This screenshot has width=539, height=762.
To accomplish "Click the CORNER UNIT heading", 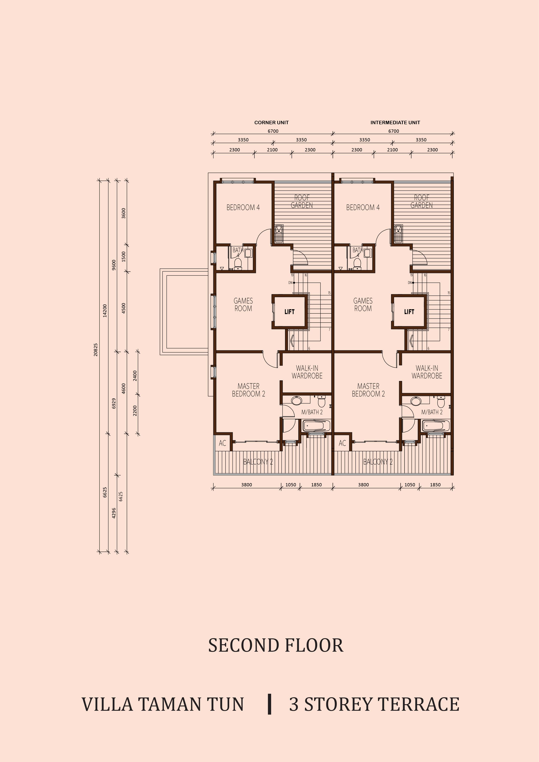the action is (x=272, y=123).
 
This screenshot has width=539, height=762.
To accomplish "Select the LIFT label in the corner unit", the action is (x=289, y=312).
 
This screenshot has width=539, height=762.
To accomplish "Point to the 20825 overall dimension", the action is (x=96, y=350).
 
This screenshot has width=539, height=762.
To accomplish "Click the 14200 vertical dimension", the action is (x=105, y=311).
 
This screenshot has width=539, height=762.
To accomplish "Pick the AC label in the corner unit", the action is (x=222, y=443).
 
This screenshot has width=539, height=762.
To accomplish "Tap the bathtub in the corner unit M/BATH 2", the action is (x=317, y=426).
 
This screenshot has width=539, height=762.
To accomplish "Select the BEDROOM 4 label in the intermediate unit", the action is (x=363, y=207).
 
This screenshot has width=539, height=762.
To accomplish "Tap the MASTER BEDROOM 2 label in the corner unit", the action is (x=248, y=390).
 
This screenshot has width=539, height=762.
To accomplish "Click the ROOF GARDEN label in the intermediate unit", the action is (x=421, y=201).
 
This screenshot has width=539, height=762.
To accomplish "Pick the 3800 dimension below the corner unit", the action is (x=247, y=485).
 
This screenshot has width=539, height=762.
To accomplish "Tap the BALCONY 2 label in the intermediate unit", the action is (x=378, y=462).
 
